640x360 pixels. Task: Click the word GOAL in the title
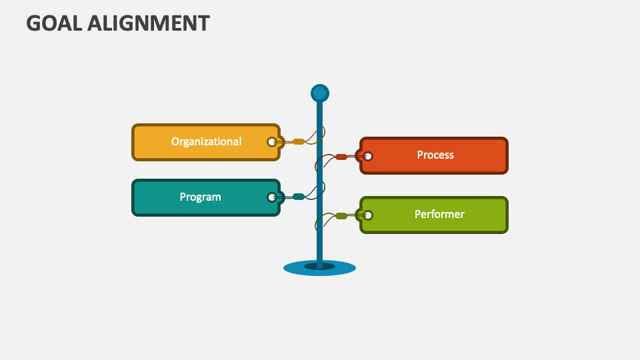pos(54,23)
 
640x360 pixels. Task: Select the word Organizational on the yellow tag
pos(206,141)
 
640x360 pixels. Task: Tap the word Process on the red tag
pos(435,155)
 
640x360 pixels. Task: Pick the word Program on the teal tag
pos(200,197)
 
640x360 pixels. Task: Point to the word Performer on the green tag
pos(439,214)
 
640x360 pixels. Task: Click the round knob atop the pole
pos(320,93)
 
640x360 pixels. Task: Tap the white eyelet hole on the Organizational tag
pos(271,142)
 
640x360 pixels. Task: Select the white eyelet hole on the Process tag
pos(368,157)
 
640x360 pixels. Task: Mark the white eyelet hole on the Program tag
pos(271,197)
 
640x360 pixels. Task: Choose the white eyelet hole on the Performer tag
pos(368,215)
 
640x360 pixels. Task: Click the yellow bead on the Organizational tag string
pos(299,142)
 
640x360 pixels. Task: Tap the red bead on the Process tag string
pos(341,157)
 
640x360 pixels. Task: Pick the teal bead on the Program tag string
pos(299,197)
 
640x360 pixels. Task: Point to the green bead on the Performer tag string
pos(341,215)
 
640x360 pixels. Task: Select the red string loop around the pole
pos(317,163)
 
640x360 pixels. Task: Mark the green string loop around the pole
pos(317,221)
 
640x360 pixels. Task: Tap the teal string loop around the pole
pos(323,189)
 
